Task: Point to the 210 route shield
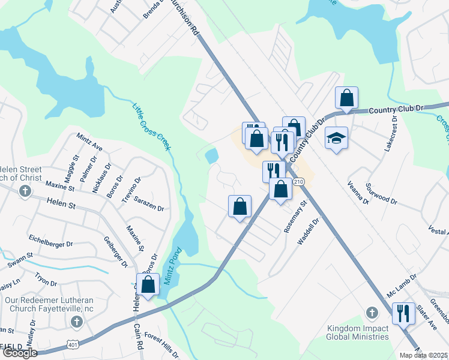tap(299, 181)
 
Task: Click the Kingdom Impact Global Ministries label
tap(358, 332)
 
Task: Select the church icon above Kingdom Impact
tap(372, 313)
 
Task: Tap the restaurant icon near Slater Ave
tap(403, 313)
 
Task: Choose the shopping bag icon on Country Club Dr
tap(347, 98)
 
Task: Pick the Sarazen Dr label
tap(149, 203)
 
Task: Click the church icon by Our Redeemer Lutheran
tap(76, 322)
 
